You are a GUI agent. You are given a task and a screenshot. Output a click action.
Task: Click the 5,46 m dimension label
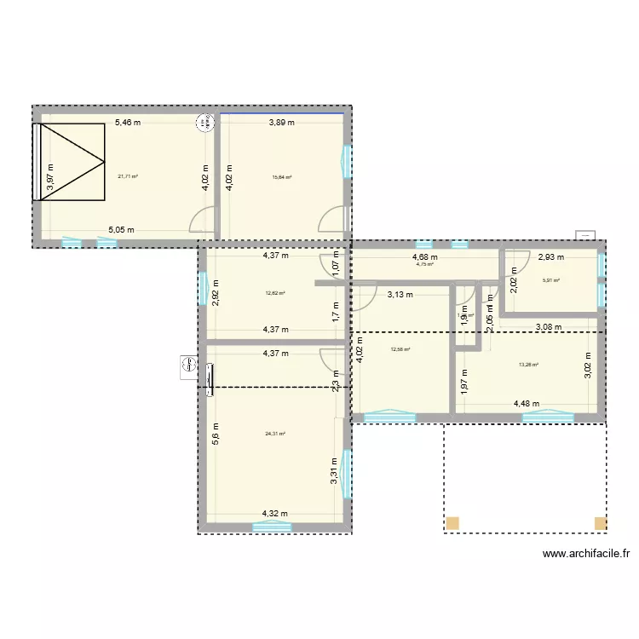click(x=128, y=123)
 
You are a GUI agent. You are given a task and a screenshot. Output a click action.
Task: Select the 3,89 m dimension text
click(x=282, y=123)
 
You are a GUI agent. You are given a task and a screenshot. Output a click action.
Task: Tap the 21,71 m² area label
click(x=128, y=176)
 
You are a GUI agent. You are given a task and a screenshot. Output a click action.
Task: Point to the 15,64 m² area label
click(x=282, y=177)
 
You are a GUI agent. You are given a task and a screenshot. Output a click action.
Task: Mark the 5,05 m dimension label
click(x=120, y=230)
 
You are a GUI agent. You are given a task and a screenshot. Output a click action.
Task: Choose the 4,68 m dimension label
click(x=424, y=256)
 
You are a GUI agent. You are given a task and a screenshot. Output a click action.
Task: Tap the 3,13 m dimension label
click(x=400, y=295)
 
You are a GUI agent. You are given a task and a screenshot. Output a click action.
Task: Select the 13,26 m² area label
click(x=528, y=366)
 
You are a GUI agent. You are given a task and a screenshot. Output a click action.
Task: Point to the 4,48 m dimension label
click(x=527, y=404)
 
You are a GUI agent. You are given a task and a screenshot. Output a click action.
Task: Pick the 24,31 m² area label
click(x=274, y=433)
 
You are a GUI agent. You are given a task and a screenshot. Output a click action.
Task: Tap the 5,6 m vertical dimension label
click(x=216, y=435)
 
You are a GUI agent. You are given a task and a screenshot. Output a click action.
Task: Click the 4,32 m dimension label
click(x=274, y=514)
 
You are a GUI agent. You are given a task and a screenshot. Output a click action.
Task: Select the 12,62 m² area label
click(x=274, y=292)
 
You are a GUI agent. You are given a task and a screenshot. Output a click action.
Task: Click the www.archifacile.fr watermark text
click(x=586, y=553)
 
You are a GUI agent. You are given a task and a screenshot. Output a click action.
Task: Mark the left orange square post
click(x=452, y=522)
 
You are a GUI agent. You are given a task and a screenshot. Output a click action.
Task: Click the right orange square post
click(x=600, y=522)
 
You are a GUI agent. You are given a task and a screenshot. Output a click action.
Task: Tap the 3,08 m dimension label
click(x=549, y=325)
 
